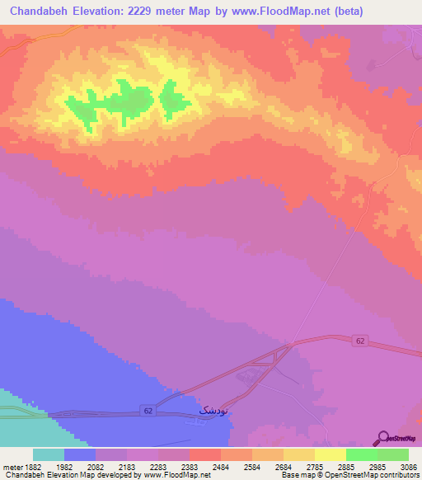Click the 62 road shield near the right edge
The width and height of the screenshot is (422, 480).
pyautogui.click(x=360, y=340)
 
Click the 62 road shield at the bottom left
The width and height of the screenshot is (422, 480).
pyautogui.click(x=146, y=409)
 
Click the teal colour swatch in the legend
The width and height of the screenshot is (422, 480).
pyautogui.click(x=49, y=454)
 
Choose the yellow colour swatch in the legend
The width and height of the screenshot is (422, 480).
pyautogui.click(x=330, y=454)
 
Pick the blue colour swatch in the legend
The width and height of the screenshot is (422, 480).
pyautogui.click(x=80, y=454)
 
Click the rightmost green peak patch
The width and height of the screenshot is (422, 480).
pyautogui.click(x=174, y=99)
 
